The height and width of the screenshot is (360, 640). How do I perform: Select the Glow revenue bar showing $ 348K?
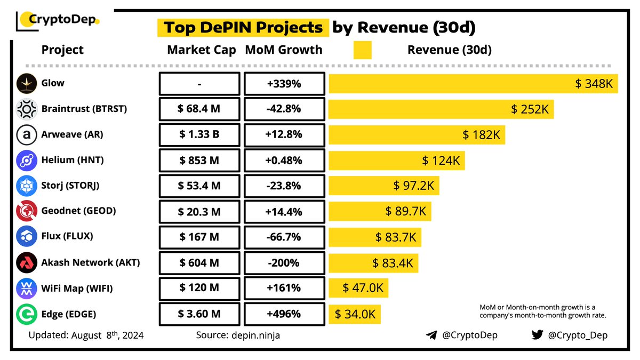(473, 84)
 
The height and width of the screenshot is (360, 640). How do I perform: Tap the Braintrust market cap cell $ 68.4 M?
(199, 109)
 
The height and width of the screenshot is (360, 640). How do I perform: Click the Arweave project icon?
(26, 135)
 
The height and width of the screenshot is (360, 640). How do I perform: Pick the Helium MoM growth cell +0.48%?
(284, 161)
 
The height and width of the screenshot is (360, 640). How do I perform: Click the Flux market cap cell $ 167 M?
(199, 237)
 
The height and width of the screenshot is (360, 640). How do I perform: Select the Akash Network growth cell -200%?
(284, 262)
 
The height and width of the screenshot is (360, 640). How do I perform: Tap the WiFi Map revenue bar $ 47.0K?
(358, 288)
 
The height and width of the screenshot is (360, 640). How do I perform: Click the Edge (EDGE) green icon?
(26, 314)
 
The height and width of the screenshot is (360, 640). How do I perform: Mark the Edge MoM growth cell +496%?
(284, 314)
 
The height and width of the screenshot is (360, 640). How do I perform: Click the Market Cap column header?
(201, 50)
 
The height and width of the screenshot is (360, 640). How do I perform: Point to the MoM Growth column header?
(283, 50)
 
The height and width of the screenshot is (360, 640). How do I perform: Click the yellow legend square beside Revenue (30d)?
(363, 50)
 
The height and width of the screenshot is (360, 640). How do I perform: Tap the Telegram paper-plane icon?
(431, 335)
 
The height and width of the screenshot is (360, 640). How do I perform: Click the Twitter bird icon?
(537, 335)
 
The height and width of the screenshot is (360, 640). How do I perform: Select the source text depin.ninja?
(254, 335)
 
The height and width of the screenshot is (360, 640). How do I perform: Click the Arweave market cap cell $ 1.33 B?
(199, 135)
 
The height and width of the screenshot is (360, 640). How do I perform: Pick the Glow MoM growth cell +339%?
(284, 84)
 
